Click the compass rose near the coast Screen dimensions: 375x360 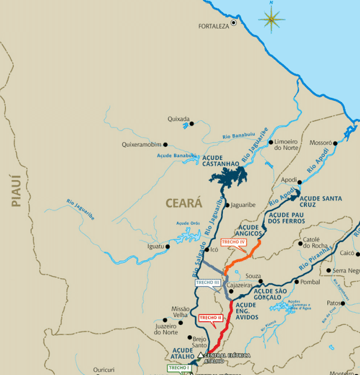[x=271, y=19]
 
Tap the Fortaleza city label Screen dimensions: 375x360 [x=214, y=27]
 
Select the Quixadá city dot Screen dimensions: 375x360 [x=191, y=124]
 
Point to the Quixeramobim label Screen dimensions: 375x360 [x=142, y=145]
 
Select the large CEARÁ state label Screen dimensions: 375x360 [x=184, y=204]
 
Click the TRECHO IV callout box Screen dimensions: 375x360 [x=233, y=242]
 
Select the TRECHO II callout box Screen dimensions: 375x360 [x=211, y=317]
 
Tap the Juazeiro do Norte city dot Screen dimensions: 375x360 [x=164, y=321]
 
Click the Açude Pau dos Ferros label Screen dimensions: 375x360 [x=288, y=218]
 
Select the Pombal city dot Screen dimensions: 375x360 [x=296, y=282]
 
